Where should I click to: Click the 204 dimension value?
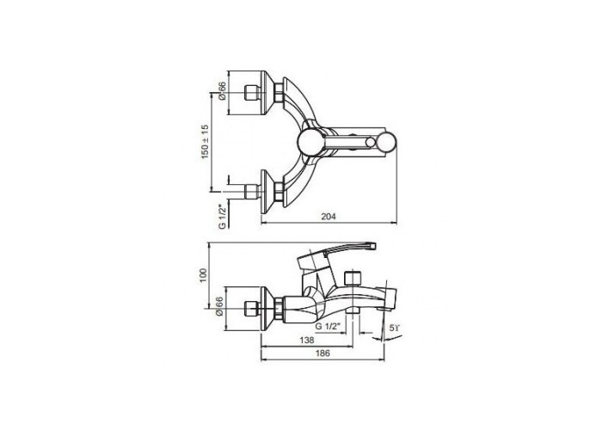tap(329, 217)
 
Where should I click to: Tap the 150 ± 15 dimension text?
tap(205, 142)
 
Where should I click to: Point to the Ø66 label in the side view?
tap(219, 306)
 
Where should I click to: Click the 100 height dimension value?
tap(204, 275)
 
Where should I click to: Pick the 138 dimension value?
tap(307, 341)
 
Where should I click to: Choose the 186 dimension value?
tap(322, 353)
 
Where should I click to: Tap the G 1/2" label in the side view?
tap(328, 327)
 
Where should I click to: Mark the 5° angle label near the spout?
tap(395, 328)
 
